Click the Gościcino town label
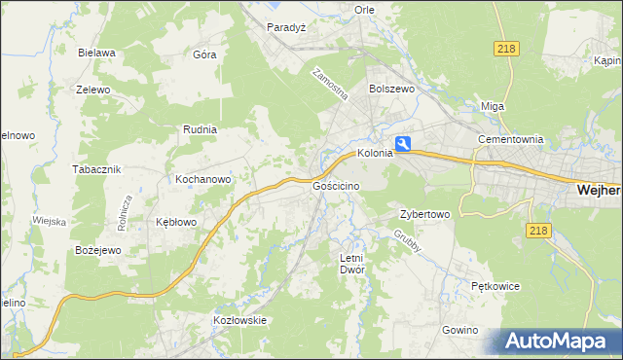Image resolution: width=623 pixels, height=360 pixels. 336,186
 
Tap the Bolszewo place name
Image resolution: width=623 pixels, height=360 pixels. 392,88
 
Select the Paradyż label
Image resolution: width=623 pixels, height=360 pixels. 287,27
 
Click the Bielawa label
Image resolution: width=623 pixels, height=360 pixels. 97,53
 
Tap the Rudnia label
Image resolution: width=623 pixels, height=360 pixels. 200,129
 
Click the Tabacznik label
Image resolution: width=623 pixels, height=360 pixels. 95,169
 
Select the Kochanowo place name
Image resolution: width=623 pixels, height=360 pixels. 202,180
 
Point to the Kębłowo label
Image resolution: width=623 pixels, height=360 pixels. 176,222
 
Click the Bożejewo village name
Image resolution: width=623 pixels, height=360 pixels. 97,250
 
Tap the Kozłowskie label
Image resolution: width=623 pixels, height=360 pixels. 239,320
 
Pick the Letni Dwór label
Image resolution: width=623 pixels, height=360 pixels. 351,264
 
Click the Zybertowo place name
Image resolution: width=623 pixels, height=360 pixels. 424,214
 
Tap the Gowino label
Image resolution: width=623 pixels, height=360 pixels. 460,331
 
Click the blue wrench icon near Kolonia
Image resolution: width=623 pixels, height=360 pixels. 402,143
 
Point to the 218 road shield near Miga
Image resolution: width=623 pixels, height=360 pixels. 505,49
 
